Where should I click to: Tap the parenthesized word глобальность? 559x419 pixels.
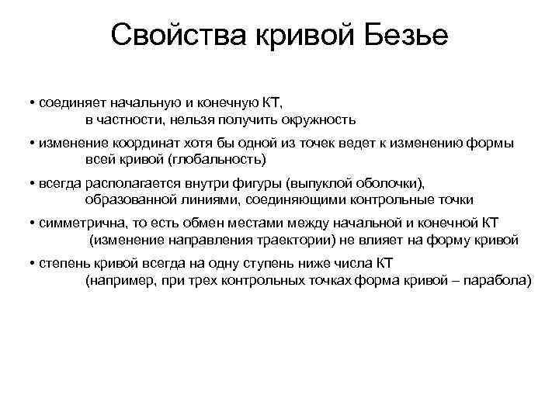coord(221,160)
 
